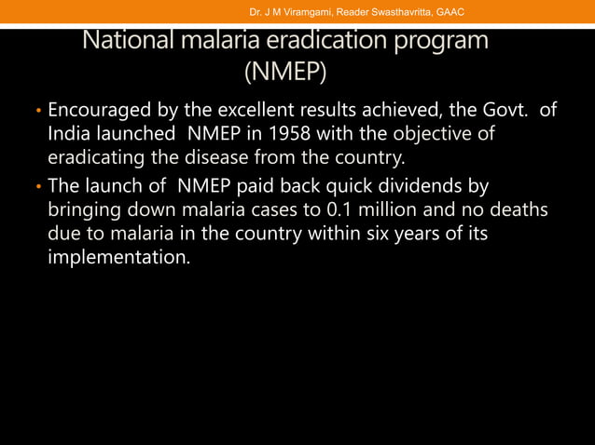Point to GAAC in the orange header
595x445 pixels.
457,11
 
